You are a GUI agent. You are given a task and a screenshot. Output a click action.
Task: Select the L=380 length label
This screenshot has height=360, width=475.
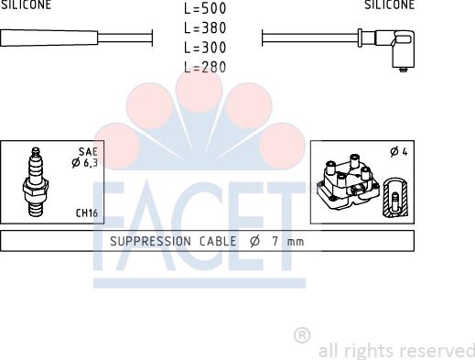205,28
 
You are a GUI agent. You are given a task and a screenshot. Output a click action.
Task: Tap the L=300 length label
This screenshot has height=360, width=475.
205,48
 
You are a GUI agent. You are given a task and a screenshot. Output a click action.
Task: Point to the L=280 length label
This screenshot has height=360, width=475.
205,67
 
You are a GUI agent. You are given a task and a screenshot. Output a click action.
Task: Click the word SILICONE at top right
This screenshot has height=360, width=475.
389,5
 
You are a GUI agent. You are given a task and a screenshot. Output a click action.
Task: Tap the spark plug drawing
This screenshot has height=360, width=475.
35,181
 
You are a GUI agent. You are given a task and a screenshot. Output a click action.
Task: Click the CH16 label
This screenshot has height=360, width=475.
87,213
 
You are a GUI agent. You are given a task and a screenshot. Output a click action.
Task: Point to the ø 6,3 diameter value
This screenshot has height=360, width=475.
85,163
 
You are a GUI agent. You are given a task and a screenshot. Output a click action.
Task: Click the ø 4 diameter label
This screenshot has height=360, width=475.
399,152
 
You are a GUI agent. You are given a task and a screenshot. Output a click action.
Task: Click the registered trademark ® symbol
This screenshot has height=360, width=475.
302,335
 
